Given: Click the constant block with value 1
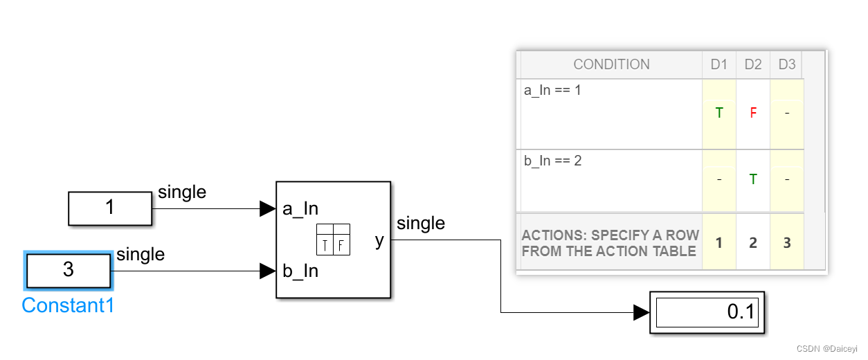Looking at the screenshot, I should [109, 208].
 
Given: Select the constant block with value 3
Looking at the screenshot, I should [68, 270].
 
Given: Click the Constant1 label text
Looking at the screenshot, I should [68, 305].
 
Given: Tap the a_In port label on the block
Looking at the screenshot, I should [300, 208].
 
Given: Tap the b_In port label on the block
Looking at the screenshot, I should [300, 271].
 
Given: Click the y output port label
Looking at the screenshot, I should [379, 240].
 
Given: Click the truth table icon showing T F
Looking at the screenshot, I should [333, 240].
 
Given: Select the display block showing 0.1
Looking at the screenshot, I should [707, 312].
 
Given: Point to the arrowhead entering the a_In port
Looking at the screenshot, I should [267, 208].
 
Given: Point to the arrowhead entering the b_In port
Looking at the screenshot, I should [267, 271].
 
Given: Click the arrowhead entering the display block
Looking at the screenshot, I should [641, 313].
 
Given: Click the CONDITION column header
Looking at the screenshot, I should [611, 64].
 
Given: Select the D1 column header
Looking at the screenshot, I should [719, 64].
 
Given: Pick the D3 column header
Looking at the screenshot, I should [787, 64].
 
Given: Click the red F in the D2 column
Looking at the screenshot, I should [753, 113].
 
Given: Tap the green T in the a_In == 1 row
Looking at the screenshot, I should [719, 113].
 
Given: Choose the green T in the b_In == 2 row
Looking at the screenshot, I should [753, 179].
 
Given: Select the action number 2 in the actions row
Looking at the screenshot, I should [753, 243].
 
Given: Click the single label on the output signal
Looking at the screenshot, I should [421, 223].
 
